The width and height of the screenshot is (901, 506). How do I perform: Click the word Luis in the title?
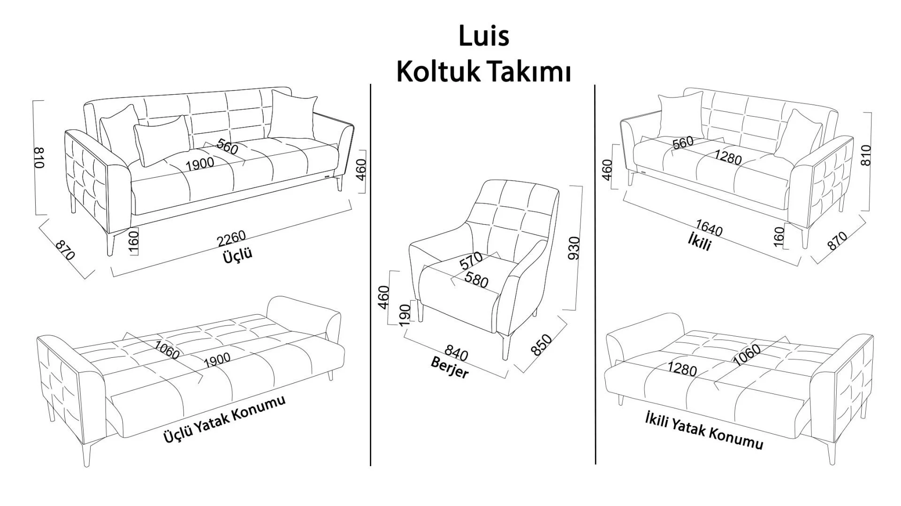pos(483,36)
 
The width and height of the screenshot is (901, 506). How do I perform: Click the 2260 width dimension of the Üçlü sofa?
pos(231,238)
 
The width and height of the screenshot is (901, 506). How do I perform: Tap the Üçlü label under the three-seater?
pos(237,256)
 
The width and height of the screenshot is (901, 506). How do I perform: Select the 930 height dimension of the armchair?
pos(574,248)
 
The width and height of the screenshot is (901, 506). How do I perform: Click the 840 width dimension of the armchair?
pos(456,352)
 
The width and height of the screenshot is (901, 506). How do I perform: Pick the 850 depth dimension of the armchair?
pos(541,345)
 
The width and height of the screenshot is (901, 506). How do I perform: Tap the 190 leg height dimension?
pos(405,314)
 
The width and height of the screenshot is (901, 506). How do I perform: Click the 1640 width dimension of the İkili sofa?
pos(709,228)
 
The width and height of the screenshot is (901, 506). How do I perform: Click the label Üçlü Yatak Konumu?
pos(224,419)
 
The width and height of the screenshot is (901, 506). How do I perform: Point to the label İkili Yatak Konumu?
pos(704,430)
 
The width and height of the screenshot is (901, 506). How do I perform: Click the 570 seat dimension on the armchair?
pos(471,260)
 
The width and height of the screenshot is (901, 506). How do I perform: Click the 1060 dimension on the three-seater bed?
pos(167,350)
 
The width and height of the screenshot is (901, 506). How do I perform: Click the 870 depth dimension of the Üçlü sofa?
pos(65,250)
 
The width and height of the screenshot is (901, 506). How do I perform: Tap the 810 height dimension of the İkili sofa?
pos(866,155)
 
